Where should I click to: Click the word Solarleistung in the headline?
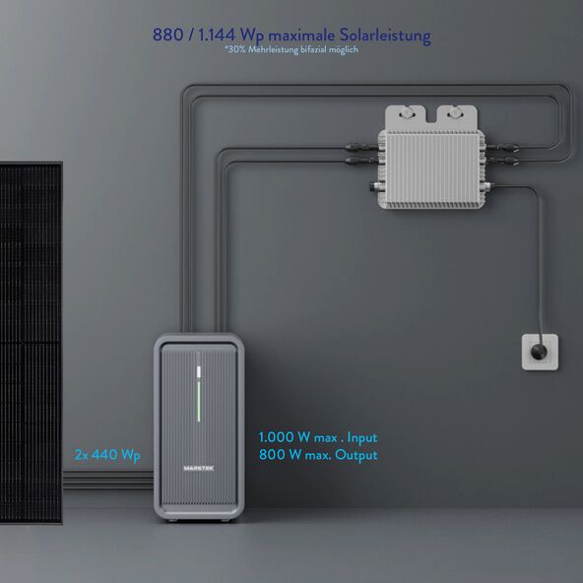385,35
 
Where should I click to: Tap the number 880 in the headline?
167,34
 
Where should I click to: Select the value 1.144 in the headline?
217,34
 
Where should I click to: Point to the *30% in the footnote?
235,49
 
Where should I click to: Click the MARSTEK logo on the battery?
199,468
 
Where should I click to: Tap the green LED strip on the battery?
199,402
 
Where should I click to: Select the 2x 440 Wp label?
107,455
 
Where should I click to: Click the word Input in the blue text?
362,438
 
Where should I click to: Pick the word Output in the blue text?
356,455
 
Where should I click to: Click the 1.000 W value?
285,437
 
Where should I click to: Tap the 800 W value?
281,455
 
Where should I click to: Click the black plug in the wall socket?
539,352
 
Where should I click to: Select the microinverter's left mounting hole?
406,113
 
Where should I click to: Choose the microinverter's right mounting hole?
454,113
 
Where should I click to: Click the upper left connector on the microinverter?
361,148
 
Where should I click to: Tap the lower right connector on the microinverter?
502,161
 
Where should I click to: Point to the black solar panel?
31,343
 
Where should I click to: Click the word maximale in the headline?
301,35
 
